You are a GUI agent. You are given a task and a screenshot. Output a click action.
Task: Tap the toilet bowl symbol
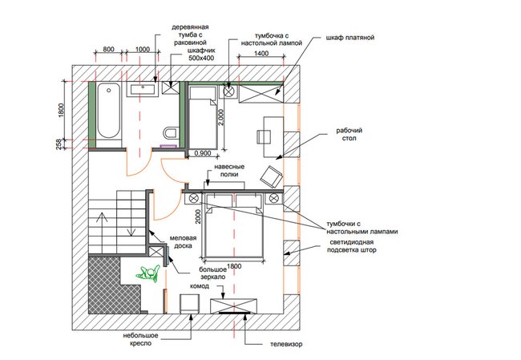pyautogui.click(x=171, y=133)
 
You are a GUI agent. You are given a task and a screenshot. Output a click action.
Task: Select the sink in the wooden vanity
pyautogui.click(x=143, y=90)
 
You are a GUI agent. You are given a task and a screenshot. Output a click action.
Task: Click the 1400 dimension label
pyautogui.click(x=261, y=53)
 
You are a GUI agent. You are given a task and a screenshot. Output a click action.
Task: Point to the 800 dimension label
pyautogui.click(x=108, y=49)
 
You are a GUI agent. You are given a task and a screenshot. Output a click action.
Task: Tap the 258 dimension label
pyautogui.click(x=59, y=144)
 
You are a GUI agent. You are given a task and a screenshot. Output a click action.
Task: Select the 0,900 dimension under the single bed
pyautogui.click(x=202, y=153)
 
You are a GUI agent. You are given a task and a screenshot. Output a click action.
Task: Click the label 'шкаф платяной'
pyautogui.click(x=350, y=38)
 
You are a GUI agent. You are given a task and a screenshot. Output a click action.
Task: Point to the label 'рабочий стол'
pyautogui.click(x=349, y=134)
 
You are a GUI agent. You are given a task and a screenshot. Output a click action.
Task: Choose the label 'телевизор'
pyautogui.click(x=286, y=344)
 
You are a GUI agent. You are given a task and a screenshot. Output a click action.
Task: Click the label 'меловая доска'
pyautogui.click(x=183, y=242)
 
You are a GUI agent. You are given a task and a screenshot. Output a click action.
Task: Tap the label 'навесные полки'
pyautogui.click(x=229, y=170)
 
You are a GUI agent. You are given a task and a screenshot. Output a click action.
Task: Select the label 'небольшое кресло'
pyautogui.click(x=141, y=339)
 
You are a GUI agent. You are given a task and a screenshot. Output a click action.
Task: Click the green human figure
pyautogui.click(x=147, y=273)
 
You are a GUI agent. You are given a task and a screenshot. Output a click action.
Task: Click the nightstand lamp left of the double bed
pyautogui.click(x=194, y=199)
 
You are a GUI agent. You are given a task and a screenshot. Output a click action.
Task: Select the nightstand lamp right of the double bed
pyautogui.click(x=273, y=199)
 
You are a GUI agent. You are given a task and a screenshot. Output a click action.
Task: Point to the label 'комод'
pyautogui.click(x=200, y=286)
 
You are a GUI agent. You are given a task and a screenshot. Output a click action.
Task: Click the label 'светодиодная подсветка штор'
pyautogui.click(x=352, y=246)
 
